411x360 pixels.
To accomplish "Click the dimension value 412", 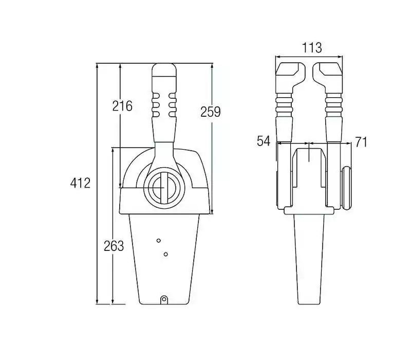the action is click(x=80, y=183).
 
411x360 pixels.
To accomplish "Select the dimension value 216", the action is click(x=122, y=106).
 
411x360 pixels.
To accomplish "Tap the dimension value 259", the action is click(x=211, y=112).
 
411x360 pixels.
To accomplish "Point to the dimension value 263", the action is click(x=114, y=246).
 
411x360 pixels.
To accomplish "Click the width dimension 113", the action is click(x=312, y=48).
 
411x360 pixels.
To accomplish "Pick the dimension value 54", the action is click(x=264, y=141).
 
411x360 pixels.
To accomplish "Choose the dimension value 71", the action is click(x=361, y=142).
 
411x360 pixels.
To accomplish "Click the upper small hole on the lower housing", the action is click(x=158, y=241).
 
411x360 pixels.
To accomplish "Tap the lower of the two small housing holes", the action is click(x=165, y=254).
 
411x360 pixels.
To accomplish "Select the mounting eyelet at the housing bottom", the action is click(x=164, y=299).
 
